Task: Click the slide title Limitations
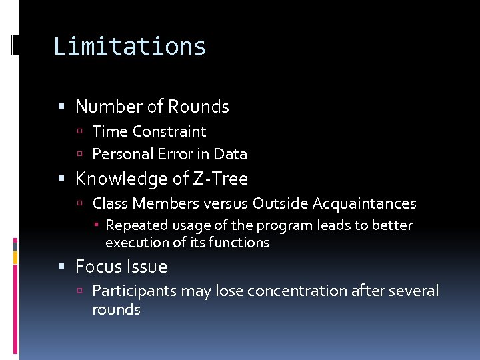pos(130,46)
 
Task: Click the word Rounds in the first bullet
pos(198,107)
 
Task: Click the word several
pos(415,291)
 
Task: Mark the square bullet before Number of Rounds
pos(62,107)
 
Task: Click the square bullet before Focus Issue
pos(62,267)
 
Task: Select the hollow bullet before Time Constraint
pos(80,132)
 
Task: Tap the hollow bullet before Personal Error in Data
pos(80,155)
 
